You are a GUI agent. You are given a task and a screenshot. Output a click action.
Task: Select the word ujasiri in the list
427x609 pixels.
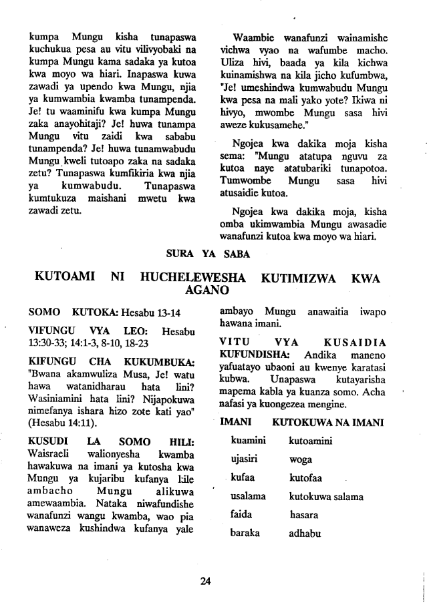point(245,459)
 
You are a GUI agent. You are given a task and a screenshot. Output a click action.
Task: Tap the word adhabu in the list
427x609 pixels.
point(306,534)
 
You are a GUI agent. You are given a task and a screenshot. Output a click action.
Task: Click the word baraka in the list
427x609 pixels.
point(245,534)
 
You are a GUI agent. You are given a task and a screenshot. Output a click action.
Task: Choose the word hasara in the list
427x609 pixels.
point(304,516)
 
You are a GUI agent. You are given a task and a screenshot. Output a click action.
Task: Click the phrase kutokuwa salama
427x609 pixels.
point(325,497)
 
